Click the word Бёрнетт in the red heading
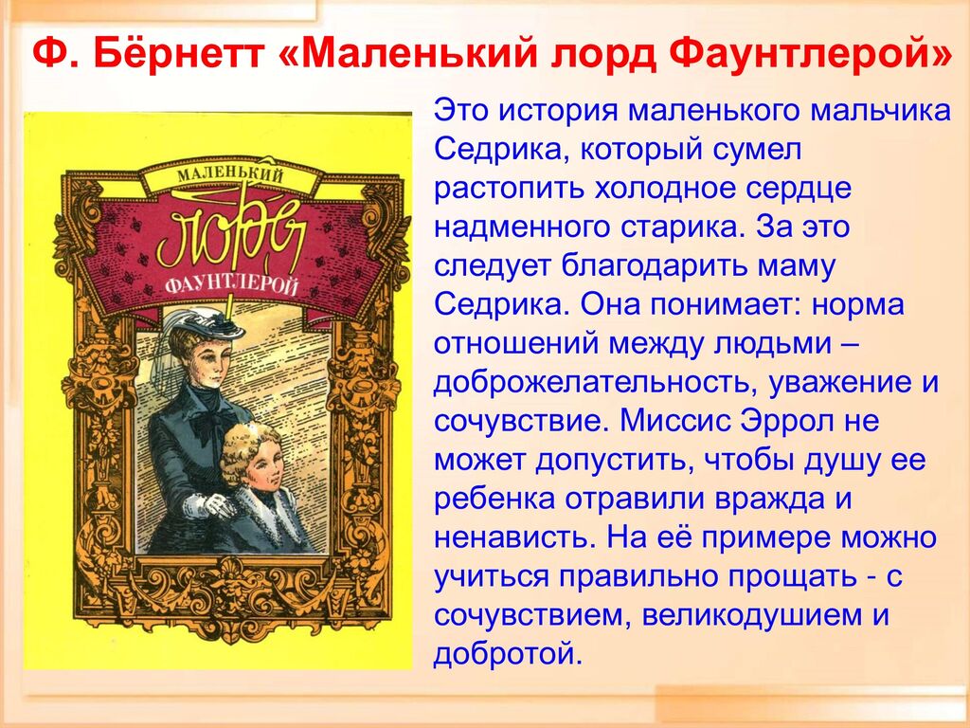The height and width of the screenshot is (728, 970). pyautogui.click(x=180, y=55)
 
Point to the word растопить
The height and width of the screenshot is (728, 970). pyautogui.click(x=509, y=190)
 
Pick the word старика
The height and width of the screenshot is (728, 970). pyautogui.click(x=679, y=227)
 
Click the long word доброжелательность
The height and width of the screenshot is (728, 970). pyautogui.click(x=596, y=384)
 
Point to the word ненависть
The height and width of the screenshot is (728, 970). pyautogui.click(x=512, y=538)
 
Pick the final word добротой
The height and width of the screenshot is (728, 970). pyautogui.click(x=508, y=654)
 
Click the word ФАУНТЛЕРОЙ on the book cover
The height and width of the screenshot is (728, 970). pyautogui.click(x=231, y=285)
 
